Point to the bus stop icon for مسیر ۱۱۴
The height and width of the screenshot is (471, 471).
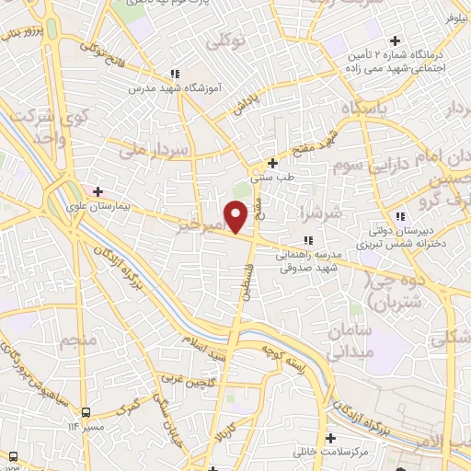point(85,412)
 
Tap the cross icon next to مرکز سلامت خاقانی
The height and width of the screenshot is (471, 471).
point(329,437)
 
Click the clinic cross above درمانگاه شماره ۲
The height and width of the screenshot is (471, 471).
point(395,40)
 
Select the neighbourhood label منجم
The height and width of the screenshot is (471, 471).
point(78,343)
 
